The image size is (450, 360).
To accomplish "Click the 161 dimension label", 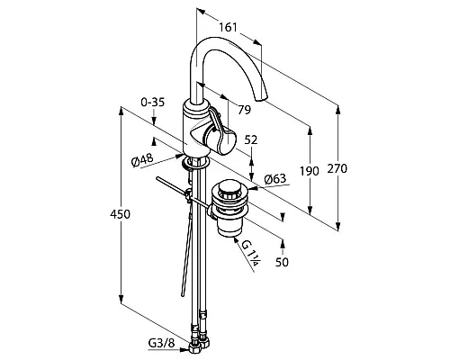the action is point(228,27).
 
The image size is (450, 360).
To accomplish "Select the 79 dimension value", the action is point(244,110).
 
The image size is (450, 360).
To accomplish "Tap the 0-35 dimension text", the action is point(153,103).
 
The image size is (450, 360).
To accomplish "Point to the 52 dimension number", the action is point(251,139).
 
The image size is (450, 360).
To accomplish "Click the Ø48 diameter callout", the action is point(142,160).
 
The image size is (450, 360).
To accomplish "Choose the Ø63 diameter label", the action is point(275,179).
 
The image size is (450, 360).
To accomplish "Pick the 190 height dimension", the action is point(310,171).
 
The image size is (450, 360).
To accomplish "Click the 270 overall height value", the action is point(337,168).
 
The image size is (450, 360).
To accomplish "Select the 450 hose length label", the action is point(120,214).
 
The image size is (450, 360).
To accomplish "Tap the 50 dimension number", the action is point(282,262).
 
